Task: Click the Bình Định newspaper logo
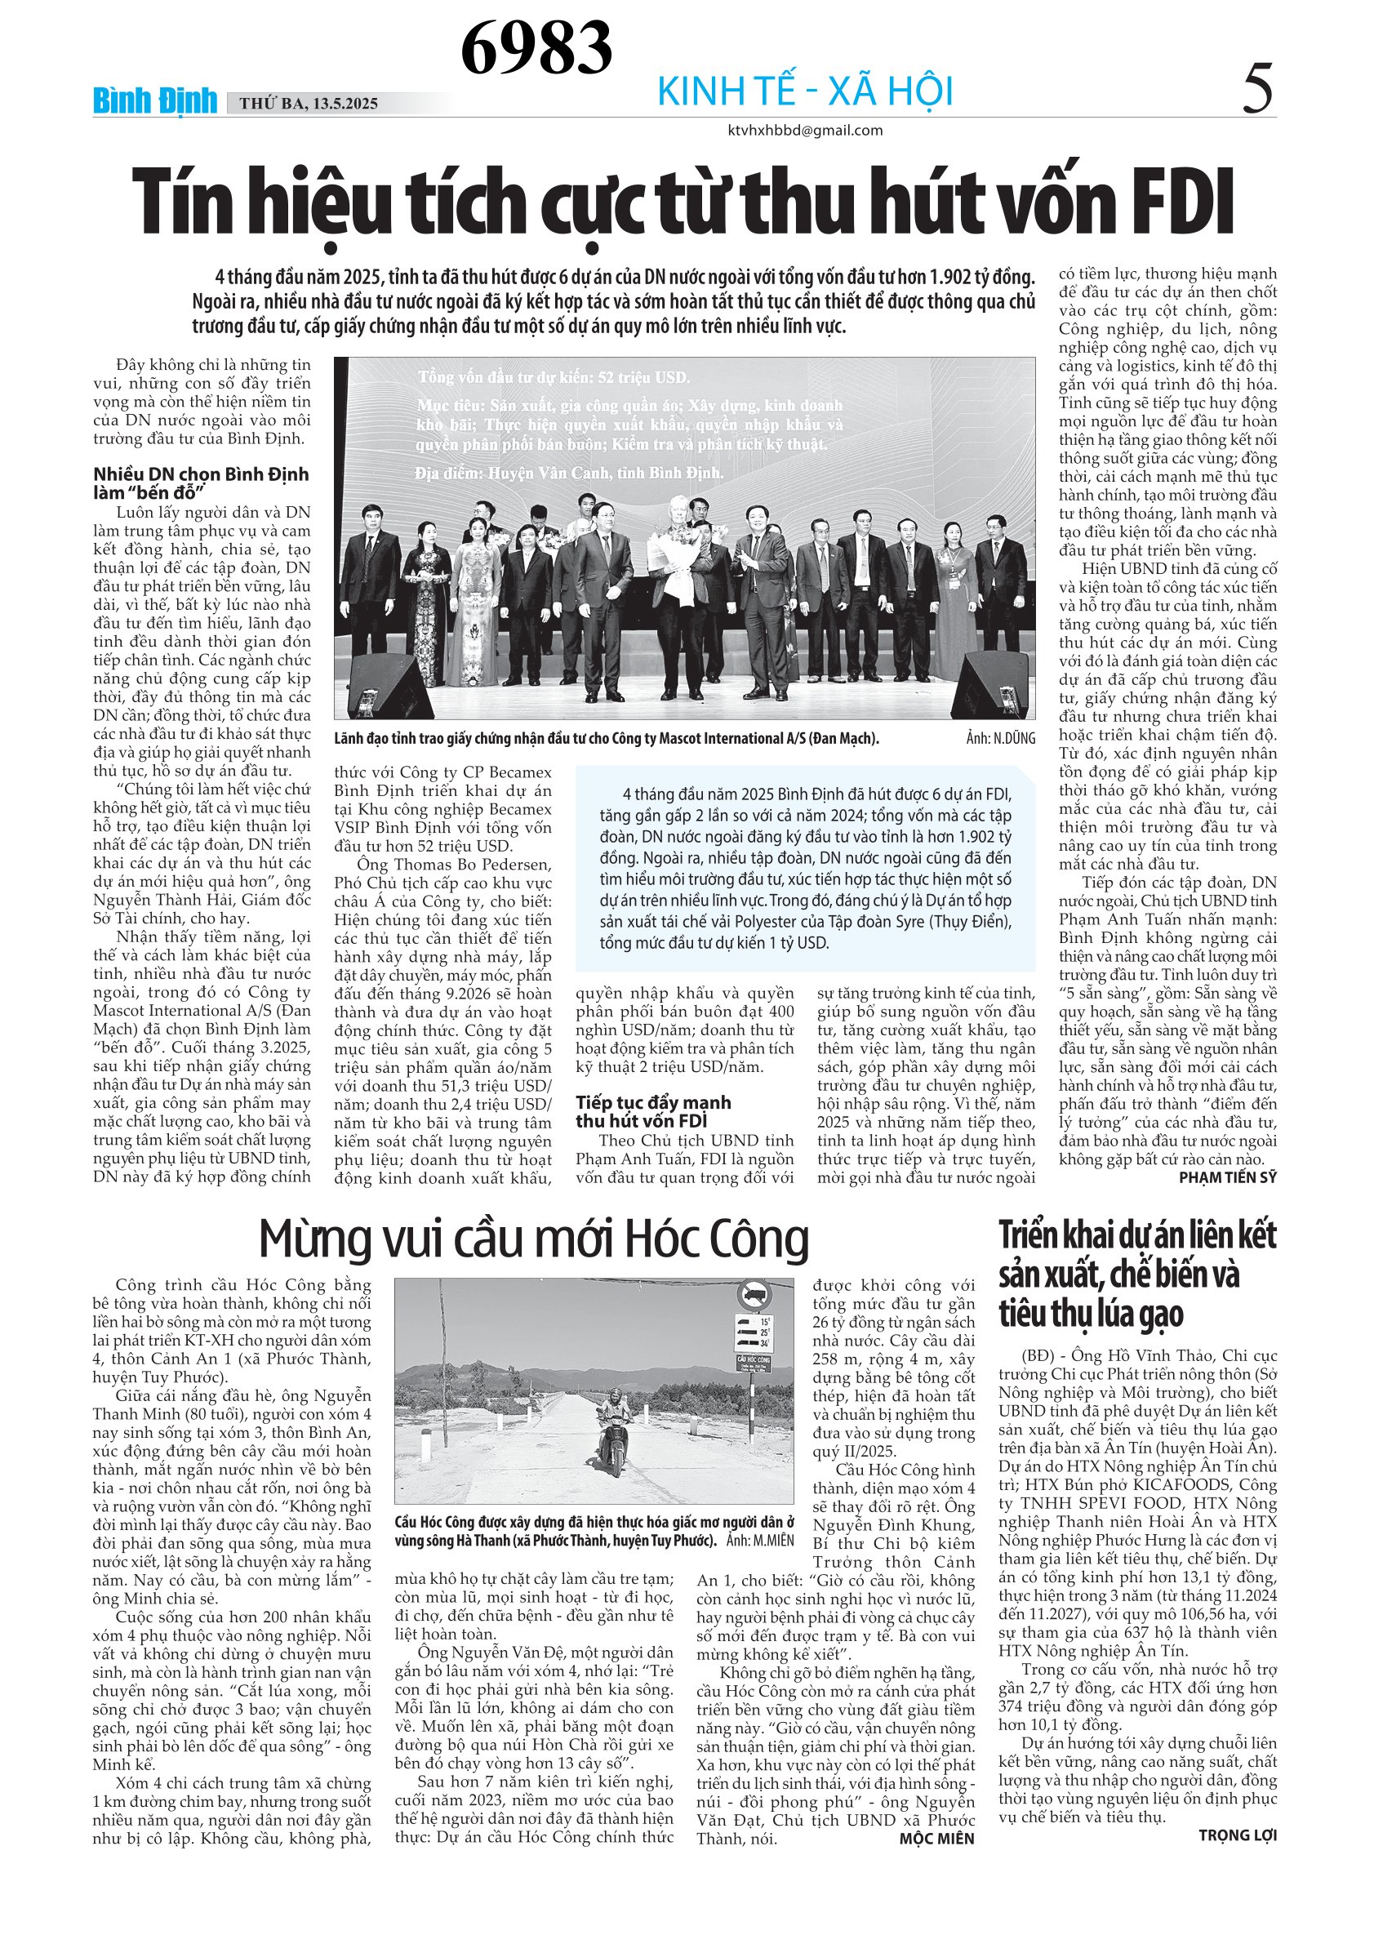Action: [x=155, y=100]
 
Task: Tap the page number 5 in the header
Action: [x=1257, y=91]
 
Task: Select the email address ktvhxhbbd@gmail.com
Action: [x=804, y=131]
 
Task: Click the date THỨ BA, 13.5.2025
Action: [x=308, y=105]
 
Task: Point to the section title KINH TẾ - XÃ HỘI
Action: [x=805, y=91]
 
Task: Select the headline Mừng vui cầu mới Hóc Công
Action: [x=533, y=1239]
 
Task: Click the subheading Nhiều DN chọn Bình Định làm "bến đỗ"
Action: [x=201, y=483]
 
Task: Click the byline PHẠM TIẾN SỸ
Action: [x=1227, y=1177]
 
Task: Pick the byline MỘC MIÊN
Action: [x=936, y=1839]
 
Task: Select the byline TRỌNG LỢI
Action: [x=1237, y=1835]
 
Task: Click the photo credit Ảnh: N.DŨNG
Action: [x=1000, y=738]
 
